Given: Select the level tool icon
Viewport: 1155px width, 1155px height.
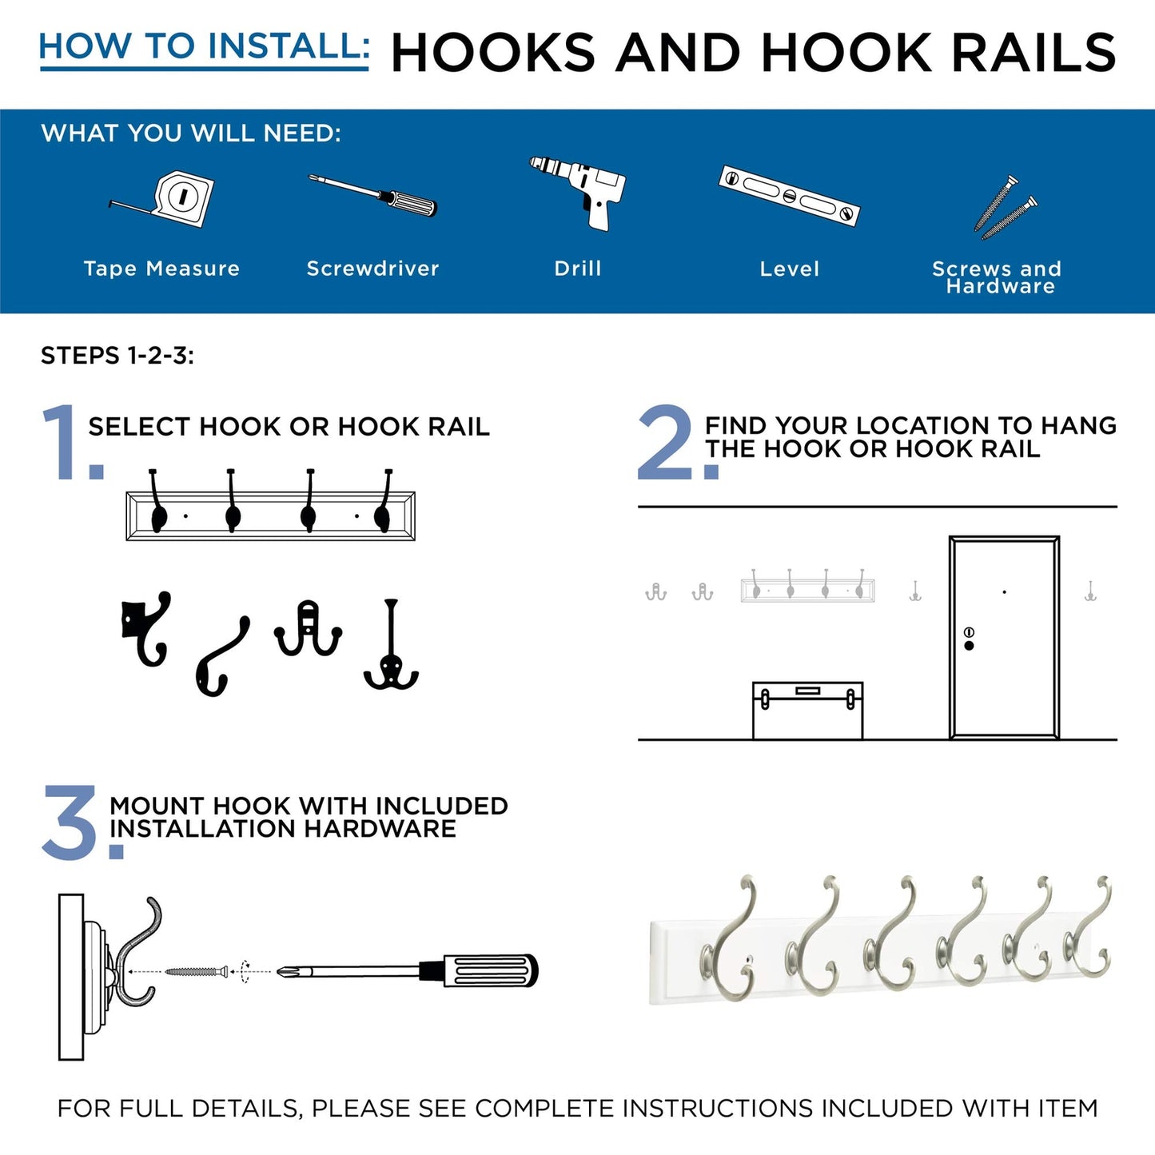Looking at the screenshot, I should pyautogui.click(x=788, y=195).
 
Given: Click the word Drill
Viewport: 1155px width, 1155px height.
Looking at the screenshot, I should pyautogui.click(x=577, y=269).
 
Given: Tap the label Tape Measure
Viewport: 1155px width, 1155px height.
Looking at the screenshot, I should pyautogui.click(x=161, y=269).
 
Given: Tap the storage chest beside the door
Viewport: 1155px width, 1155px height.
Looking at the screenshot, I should pyautogui.click(x=807, y=710).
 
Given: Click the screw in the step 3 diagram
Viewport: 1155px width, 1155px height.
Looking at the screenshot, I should pyautogui.click(x=194, y=972).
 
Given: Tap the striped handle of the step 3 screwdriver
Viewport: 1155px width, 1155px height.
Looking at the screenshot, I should pyautogui.click(x=489, y=970).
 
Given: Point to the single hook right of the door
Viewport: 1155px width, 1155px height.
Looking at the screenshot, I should pyautogui.click(x=1089, y=592).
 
